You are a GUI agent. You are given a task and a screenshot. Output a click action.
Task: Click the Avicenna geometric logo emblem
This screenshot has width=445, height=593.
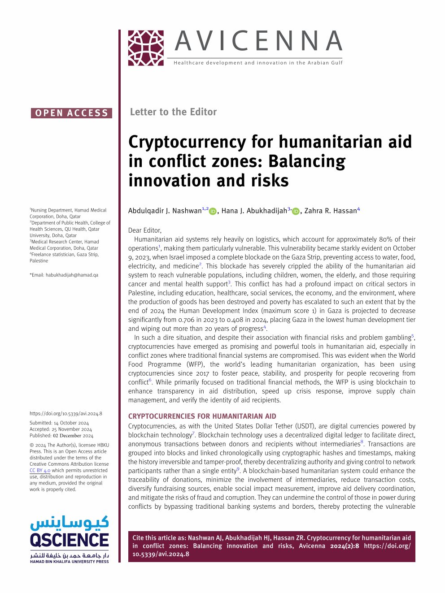[x=146, y=48]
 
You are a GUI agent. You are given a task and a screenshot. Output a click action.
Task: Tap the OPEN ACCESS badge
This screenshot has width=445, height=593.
[x=71, y=113]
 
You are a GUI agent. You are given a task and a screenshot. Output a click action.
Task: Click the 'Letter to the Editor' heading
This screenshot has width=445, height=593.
[x=173, y=112]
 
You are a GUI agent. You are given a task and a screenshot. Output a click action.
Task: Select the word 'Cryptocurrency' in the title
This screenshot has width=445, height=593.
[x=187, y=143]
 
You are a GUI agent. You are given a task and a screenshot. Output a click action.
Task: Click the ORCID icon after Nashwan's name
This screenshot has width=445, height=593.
[x=213, y=211]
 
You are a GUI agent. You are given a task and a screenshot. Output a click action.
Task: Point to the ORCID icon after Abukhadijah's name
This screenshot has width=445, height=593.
[x=296, y=211]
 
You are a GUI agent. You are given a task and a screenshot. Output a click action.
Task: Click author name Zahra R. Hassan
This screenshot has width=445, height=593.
[x=331, y=211]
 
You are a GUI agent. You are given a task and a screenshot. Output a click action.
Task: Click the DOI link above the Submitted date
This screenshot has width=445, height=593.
[x=66, y=414]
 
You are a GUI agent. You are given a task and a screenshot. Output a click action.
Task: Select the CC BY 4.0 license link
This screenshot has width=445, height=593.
[x=40, y=471]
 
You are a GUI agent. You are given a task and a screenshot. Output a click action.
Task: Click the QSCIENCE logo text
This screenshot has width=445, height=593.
[x=70, y=540]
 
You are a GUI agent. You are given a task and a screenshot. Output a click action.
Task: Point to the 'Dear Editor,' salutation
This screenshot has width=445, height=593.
[x=144, y=230]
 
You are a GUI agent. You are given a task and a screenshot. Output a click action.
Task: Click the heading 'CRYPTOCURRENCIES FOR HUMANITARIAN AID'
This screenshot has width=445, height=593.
[x=202, y=416]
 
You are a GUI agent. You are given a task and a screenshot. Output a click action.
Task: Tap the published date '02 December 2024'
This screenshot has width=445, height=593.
[x=73, y=436]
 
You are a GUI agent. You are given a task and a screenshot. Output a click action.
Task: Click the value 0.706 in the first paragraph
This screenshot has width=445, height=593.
[x=187, y=320]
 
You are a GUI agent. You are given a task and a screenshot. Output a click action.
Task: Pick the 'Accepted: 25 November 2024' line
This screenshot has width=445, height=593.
[x=61, y=429]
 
